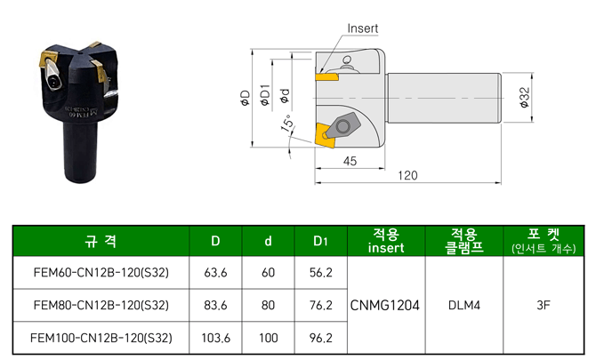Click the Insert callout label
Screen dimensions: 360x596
[362, 28]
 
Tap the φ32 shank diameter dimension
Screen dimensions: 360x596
[524, 95]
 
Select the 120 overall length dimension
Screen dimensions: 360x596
[407, 175]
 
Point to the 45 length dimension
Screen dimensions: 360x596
[349, 160]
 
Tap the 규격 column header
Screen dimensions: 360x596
[101, 241]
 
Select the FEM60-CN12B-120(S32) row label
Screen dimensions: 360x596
[101, 273]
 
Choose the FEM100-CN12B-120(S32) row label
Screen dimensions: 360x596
[101, 338]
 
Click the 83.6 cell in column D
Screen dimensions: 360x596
[216, 305]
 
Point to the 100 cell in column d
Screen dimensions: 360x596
[268, 338]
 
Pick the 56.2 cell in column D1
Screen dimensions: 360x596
[320, 273]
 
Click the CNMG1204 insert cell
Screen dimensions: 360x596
[386, 305]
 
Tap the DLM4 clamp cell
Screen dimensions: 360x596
[463, 305]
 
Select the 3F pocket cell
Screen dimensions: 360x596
[544, 305]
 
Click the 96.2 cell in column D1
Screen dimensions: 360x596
[320, 338]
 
